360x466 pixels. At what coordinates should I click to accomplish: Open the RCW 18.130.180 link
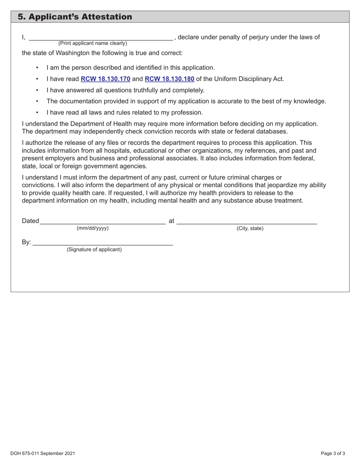(x=169, y=79)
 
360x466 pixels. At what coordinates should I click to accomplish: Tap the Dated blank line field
(x=102, y=222)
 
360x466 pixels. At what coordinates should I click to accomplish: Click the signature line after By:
(x=102, y=243)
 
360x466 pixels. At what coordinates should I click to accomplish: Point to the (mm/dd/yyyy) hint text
(x=92, y=228)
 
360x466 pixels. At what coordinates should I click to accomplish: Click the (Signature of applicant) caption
(x=94, y=250)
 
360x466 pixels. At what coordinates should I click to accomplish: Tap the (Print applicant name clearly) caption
(x=92, y=44)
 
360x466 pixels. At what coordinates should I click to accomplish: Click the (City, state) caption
(x=250, y=228)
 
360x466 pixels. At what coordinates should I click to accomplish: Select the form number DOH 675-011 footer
(x=43, y=453)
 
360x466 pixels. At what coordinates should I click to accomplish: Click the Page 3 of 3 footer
(x=333, y=453)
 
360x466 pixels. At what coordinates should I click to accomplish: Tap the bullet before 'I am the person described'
(x=37, y=68)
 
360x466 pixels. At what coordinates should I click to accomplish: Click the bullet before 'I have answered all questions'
(x=37, y=90)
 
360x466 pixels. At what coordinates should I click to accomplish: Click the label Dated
(x=30, y=221)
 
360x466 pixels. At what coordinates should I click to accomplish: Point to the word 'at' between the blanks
(x=171, y=221)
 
